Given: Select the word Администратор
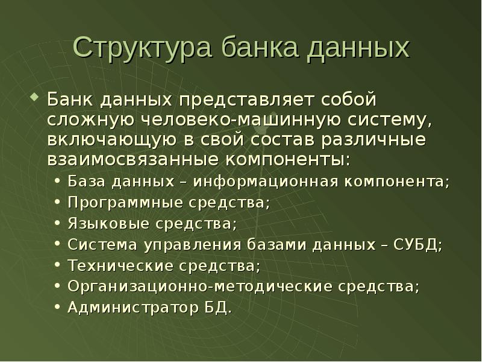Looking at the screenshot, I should click(x=128, y=308).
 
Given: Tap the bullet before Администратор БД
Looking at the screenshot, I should click(x=56, y=308).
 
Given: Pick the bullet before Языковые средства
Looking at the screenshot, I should click(x=56, y=224).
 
